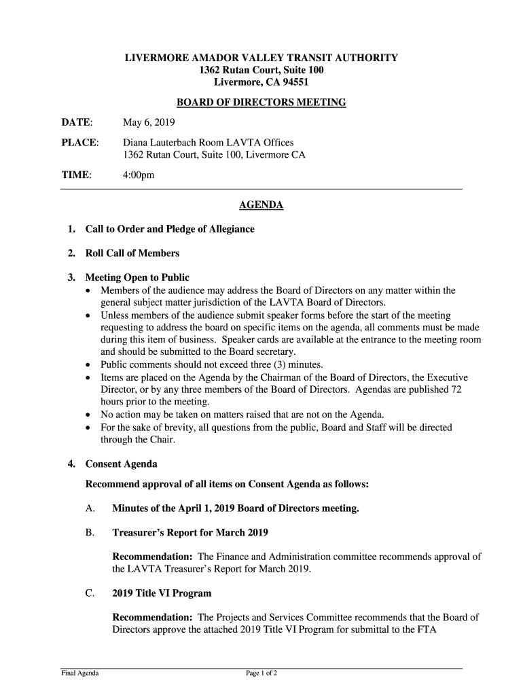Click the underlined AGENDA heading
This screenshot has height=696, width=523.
[261, 205]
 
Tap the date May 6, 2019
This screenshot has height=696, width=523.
[148, 123]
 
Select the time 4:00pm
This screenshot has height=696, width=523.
[139, 175]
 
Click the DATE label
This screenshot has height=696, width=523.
[77, 123]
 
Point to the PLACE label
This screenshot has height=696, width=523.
[80, 143]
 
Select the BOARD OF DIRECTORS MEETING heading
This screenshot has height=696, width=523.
[261, 103]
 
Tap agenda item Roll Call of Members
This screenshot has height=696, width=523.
[132, 254]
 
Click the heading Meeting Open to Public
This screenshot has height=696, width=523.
[137, 278]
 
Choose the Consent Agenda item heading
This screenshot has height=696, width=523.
[121, 464]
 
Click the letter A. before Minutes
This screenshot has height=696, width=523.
[90, 508]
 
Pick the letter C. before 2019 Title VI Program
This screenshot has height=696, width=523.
[90, 593]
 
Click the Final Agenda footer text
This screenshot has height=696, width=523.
[80, 674]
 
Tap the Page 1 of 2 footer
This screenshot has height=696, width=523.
[261, 674]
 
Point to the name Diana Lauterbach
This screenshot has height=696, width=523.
[157, 143]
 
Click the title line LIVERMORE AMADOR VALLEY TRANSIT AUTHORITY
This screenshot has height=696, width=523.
[261, 58]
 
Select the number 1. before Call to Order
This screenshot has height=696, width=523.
[72, 229]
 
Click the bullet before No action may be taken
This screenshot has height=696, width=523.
[89, 415]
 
